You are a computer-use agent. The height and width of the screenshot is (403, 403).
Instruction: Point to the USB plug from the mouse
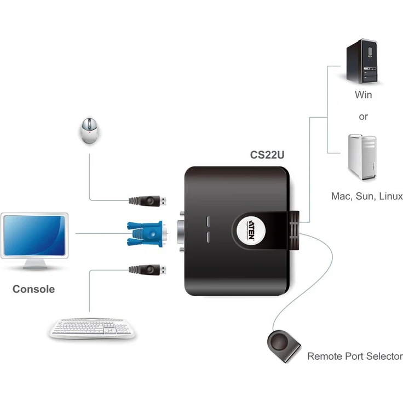coord(148,200)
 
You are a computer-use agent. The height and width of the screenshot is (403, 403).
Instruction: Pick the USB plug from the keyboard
coord(148,269)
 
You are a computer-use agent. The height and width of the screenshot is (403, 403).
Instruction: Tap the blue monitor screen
coord(34,234)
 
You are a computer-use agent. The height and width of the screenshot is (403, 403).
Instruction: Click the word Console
coord(34,289)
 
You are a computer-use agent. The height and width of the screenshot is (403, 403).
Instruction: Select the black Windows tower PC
coord(362,62)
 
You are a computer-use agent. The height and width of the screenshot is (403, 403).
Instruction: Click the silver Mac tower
coord(362,158)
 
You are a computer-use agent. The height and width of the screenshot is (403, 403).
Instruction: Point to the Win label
coord(363,95)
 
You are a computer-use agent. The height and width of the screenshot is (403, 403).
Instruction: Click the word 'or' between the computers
coord(363,117)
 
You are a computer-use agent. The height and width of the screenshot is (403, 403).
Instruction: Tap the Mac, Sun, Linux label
coord(366,196)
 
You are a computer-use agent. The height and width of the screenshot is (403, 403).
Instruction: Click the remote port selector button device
coord(284,345)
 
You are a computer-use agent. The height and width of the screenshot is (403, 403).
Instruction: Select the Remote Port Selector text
coord(354,356)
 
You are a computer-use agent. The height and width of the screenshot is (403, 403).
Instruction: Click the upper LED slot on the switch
coord(209,222)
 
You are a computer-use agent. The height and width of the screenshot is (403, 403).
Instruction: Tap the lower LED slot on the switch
coord(209,238)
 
